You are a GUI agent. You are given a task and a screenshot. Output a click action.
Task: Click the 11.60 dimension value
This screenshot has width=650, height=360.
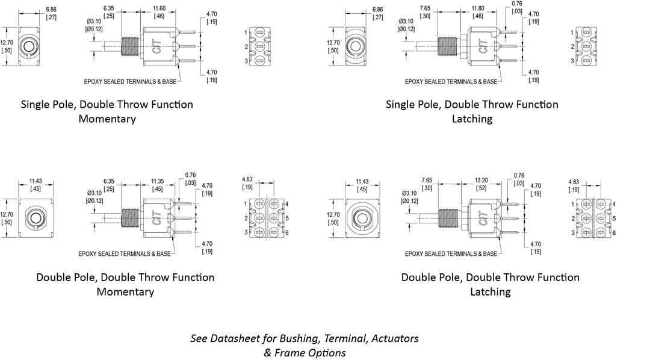tap(159, 8)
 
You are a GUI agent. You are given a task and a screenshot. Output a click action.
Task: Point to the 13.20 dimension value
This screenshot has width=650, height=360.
tap(482, 181)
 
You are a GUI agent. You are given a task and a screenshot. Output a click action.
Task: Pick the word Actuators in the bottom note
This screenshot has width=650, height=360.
tap(395, 338)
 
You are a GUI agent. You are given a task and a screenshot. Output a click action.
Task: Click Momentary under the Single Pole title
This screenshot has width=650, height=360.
tap(107, 119)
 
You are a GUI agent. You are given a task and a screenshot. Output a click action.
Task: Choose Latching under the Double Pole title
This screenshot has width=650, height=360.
tap(490, 291)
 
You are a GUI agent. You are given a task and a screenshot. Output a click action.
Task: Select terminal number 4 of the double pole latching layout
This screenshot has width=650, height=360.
tap(613, 204)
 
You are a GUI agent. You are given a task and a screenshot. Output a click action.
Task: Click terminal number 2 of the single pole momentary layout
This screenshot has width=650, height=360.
tap(246, 46)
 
